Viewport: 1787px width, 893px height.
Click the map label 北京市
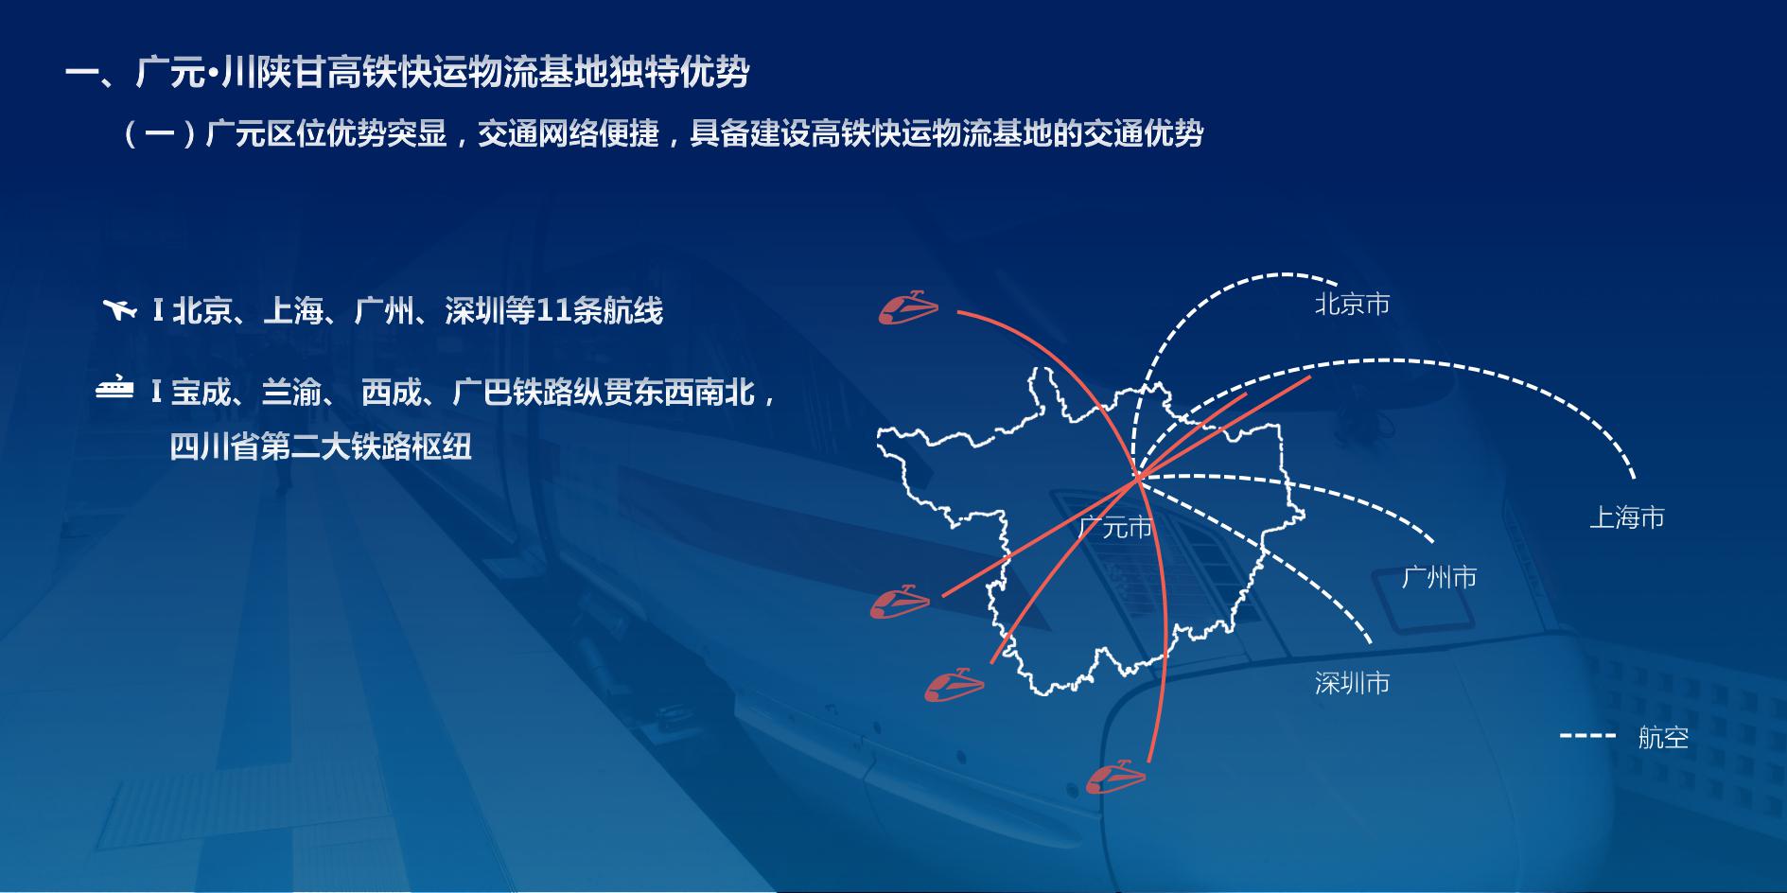1352,305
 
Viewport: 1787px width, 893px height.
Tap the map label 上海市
1626,517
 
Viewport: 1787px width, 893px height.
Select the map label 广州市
1439,577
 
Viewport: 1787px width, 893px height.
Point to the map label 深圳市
1352,683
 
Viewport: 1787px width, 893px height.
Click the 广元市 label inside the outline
1115,527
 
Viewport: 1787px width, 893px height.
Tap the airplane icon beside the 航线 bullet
119,309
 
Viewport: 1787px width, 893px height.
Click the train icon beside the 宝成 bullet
114,389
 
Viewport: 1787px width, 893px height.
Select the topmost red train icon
908,307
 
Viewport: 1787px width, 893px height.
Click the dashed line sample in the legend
1588,736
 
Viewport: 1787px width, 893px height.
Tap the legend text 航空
1663,737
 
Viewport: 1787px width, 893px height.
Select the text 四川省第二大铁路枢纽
321,446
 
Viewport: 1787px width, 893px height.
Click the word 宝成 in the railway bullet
201,392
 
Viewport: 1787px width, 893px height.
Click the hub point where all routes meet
1139,476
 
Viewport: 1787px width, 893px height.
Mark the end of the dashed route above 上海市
1634,478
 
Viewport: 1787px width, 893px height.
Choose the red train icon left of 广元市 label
900,602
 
